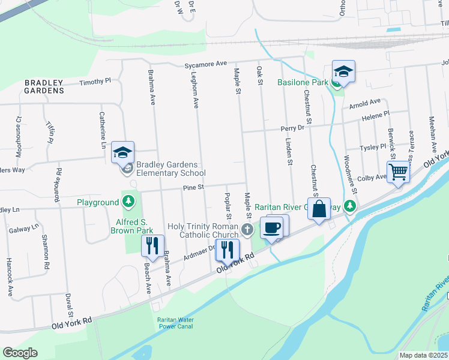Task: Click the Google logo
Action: [20, 353]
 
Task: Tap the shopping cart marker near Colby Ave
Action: [398, 172]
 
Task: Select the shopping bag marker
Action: [320, 209]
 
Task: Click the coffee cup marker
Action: [272, 228]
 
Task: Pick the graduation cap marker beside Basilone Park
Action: [343, 72]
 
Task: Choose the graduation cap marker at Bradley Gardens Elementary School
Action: [122, 153]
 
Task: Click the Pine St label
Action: [194, 188]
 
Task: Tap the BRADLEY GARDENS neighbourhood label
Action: [44, 86]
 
